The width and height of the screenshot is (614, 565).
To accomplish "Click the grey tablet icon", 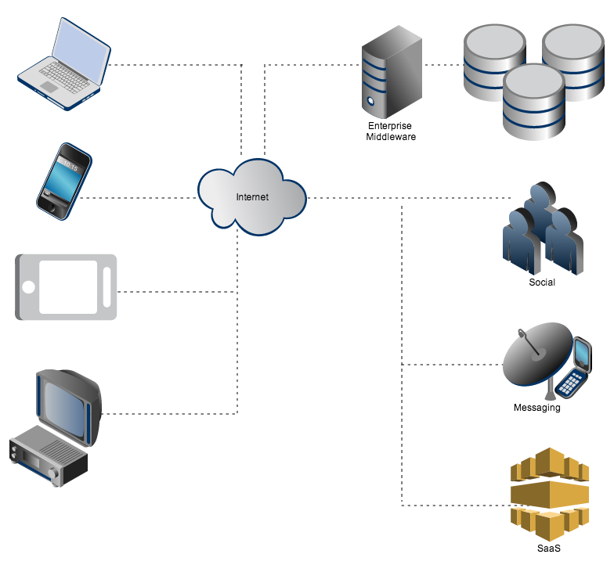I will [x=66, y=287].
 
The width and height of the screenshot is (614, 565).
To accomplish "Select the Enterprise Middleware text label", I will [x=390, y=131].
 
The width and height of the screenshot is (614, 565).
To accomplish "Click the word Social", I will [x=542, y=282].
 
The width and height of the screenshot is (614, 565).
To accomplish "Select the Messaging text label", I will [x=536, y=408].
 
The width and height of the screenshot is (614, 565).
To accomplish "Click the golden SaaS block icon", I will [x=549, y=493].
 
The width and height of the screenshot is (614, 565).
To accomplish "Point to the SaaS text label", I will [x=549, y=549].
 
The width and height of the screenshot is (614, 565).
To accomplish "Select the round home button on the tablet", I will [x=29, y=287].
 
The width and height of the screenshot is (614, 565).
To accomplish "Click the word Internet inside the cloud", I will [x=252, y=197].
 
